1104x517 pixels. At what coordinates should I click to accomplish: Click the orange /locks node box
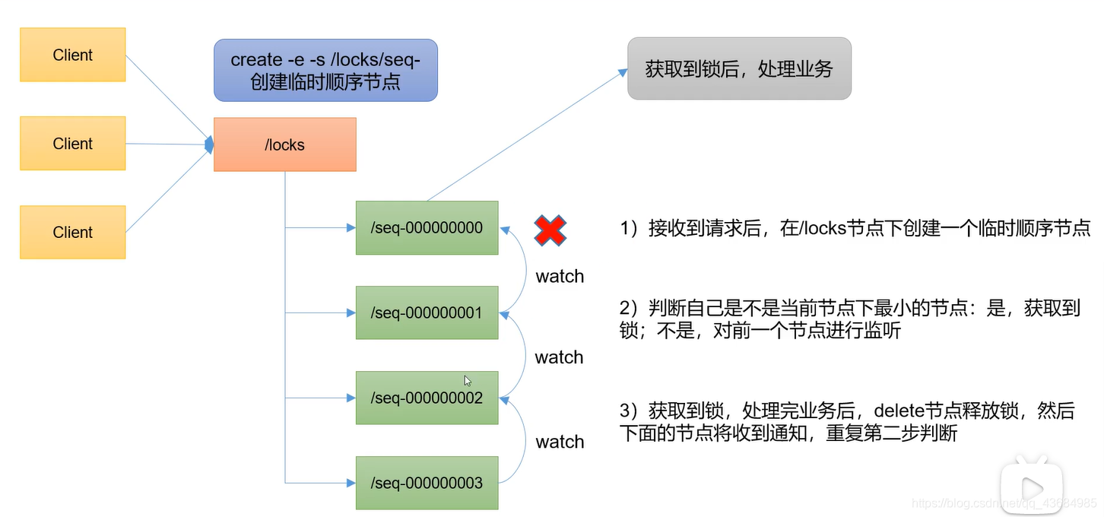tap(285, 144)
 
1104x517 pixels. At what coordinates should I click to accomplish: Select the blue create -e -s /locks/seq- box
tap(325, 70)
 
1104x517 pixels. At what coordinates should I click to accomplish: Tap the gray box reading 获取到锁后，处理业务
tap(739, 69)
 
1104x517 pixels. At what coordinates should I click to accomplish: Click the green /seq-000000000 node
tap(427, 228)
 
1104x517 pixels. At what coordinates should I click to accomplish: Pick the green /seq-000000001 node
tap(427, 312)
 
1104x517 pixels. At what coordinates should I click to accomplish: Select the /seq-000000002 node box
tap(427, 398)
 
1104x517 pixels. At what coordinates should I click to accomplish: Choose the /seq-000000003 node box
tap(427, 483)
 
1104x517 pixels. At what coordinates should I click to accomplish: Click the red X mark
tap(550, 230)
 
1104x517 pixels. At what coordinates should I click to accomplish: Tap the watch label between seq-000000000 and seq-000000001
tap(560, 277)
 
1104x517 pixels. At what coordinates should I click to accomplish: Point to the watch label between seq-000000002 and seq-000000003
tap(560, 442)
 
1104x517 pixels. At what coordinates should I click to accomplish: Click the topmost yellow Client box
tap(73, 55)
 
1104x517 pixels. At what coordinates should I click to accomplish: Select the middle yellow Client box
tap(73, 144)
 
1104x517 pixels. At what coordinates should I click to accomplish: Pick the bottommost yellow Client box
tap(73, 232)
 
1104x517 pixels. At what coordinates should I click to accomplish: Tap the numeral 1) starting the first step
tap(629, 228)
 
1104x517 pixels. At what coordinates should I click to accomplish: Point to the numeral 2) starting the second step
tap(629, 308)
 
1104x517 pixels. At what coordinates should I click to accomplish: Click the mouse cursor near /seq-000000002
tap(468, 380)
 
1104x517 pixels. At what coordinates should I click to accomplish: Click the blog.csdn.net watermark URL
tap(1004, 504)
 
